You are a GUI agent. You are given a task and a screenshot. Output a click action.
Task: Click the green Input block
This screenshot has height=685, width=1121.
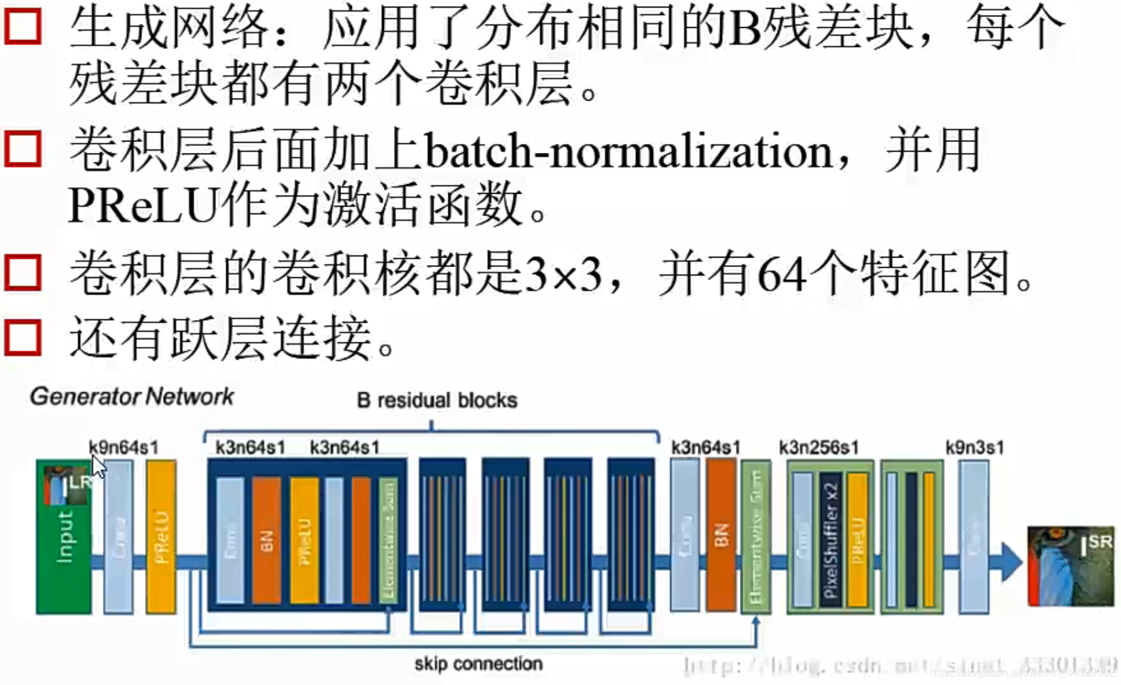pyautogui.click(x=63, y=537)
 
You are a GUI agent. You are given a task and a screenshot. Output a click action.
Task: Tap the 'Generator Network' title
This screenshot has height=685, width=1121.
pyautogui.click(x=132, y=396)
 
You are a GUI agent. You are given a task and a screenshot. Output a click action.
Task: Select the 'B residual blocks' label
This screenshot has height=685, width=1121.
pyautogui.click(x=437, y=400)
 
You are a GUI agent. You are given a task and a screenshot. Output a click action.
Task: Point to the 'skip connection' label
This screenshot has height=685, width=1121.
pyautogui.click(x=478, y=664)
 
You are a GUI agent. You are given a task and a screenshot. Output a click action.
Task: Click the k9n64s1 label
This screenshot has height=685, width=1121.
pyautogui.click(x=123, y=447)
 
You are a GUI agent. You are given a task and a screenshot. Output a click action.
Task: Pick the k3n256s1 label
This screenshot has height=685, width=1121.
pyautogui.click(x=819, y=447)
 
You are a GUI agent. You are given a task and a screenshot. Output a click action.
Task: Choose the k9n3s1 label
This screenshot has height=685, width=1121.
pyautogui.click(x=974, y=447)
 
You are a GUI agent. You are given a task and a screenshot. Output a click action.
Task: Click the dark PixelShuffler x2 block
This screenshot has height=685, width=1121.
pyautogui.click(x=830, y=540)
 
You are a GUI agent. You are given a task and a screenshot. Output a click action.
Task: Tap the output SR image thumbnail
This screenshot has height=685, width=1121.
pyautogui.click(x=1071, y=566)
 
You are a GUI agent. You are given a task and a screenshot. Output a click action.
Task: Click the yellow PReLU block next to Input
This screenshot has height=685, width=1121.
pyautogui.click(x=161, y=537)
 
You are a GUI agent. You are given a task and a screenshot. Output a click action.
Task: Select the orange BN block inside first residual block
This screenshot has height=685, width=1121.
pyautogui.click(x=266, y=540)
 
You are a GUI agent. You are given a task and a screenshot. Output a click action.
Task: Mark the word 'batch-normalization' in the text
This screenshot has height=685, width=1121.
pyautogui.click(x=628, y=151)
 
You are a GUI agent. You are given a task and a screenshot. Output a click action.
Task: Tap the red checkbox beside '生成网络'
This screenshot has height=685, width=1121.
pyautogui.click(x=23, y=27)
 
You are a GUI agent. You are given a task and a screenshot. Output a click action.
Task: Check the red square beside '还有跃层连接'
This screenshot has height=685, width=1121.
pyautogui.click(x=23, y=338)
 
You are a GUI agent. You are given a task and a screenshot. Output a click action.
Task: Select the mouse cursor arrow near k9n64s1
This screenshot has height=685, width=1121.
pyautogui.click(x=99, y=467)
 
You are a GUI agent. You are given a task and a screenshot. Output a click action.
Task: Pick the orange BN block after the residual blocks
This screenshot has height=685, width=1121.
pyautogui.click(x=721, y=535)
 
